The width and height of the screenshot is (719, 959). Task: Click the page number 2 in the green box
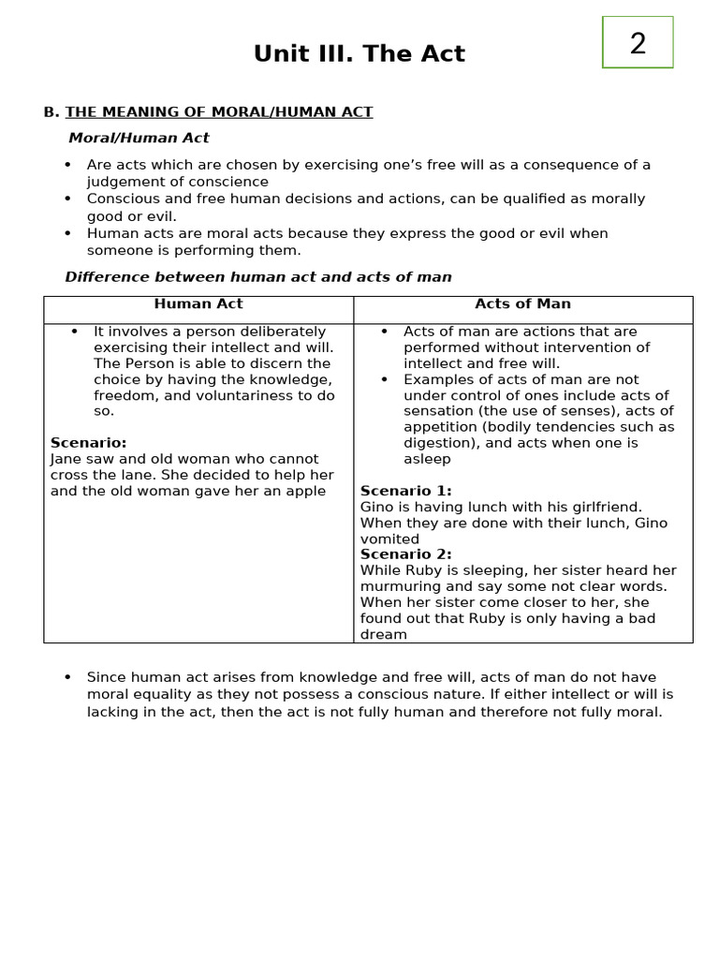[x=638, y=43]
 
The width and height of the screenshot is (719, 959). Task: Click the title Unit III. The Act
[x=359, y=54]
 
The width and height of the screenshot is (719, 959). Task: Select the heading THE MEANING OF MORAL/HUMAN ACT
[x=219, y=112]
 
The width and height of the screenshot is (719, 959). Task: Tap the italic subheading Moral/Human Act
[x=139, y=138]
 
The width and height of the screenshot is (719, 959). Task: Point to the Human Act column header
[x=198, y=304]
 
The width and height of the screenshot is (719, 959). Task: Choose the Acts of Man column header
[x=522, y=304]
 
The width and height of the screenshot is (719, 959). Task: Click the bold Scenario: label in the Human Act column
[x=88, y=443]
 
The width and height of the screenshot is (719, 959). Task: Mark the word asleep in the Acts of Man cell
[x=427, y=459]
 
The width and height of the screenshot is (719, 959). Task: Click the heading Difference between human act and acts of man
[x=258, y=277]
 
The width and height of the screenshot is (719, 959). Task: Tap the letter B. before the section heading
[x=51, y=112]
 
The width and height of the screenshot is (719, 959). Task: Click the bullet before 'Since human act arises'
[x=67, y=677]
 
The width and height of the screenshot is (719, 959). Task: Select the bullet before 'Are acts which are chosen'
[x=67, y=165]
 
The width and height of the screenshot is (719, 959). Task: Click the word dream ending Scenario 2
[x=384, y=634]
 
